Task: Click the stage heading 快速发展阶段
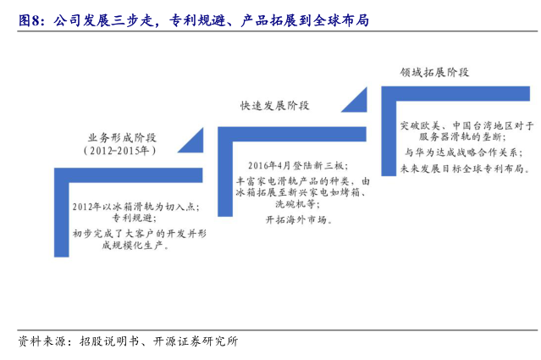[274, 105]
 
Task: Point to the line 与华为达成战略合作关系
[462, 152]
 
